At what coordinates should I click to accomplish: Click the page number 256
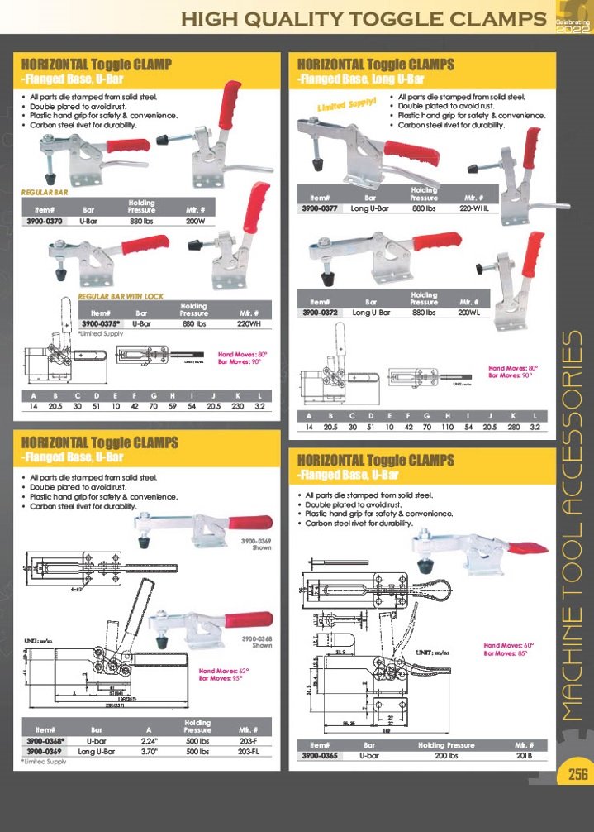[576, 774]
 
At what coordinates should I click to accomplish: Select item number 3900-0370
[45, 222]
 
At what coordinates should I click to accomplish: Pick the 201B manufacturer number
[524, 756]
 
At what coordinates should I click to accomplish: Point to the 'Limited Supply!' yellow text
[347, 105]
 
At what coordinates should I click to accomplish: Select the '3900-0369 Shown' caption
[255, 542]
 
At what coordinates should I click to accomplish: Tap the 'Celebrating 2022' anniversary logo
[572, 18]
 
